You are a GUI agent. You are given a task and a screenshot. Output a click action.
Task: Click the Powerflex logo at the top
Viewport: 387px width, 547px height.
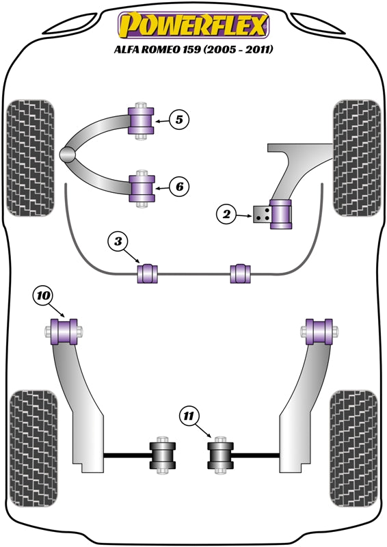pyautogui.click(x=193, y=25)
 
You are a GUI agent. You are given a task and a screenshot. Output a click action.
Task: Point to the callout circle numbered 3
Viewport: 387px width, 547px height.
pyautogui.click(x=118, y=241)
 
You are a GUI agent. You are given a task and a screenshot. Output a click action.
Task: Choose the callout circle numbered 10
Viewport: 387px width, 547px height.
pyautogui.click(x=42, y=295)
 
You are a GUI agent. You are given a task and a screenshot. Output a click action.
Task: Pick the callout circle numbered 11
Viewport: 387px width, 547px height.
pyautogui.click(x=190, y=414)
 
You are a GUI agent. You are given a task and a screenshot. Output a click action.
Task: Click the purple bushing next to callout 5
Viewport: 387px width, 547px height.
pyautogui.click(x=141, y=122)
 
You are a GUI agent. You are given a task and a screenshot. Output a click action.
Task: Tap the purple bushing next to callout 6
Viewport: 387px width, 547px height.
pyautogui.click(x=142, y=187)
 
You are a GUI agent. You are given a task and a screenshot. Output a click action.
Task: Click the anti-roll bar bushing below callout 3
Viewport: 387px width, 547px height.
pyautogui.click(x=148, y=274)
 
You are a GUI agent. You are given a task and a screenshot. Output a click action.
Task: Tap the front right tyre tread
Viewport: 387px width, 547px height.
pyautogui.click(x=356, y=158)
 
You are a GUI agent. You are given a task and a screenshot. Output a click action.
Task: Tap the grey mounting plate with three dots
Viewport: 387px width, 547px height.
pyautogui.click(x=261, y=214)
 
